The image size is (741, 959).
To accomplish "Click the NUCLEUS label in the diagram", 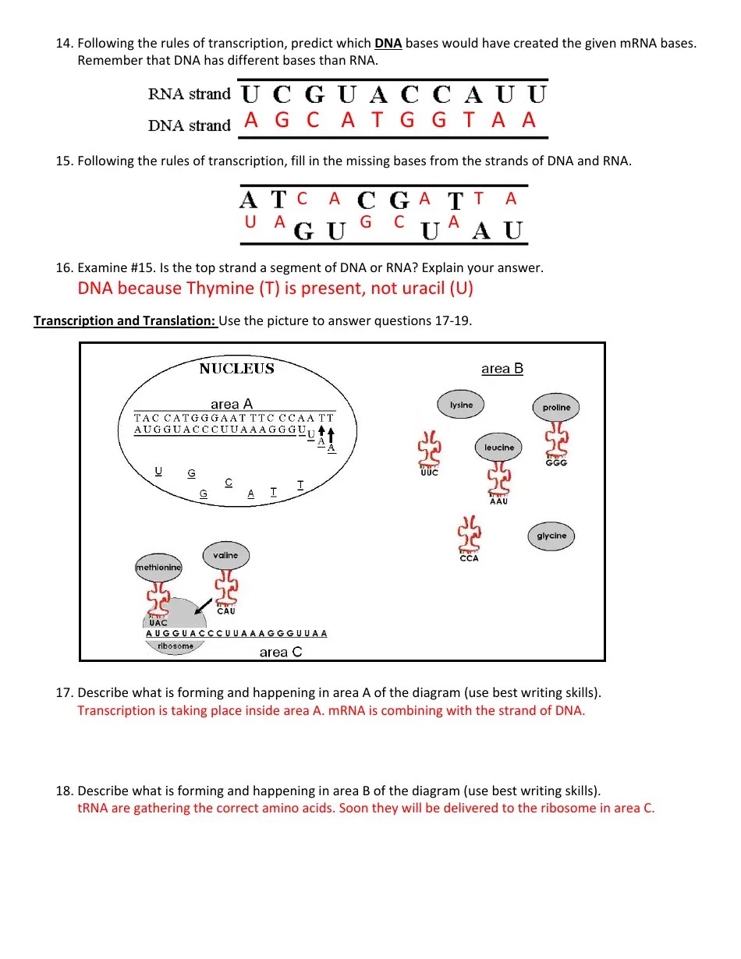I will (x=236, y=369).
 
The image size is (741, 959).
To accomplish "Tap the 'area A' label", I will (x=232, y=404).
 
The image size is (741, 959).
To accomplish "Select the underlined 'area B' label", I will (x=502, y=369).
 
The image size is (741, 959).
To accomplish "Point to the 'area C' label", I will (x=281, y=653).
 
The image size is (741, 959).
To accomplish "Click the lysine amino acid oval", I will (x=461, y=405).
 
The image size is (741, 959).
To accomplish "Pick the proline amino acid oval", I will (x=556, y=407).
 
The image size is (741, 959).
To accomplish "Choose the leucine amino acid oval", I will (x=499, y=448).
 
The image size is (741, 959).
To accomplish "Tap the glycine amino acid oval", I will (x=551, y=536).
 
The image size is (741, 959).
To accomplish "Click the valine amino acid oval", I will (x=225, y=555).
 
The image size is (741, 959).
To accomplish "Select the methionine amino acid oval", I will (x=158, y=568).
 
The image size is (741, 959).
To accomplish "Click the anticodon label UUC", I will (x=428, y=473).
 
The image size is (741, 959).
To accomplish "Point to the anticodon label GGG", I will (x=556, y=463).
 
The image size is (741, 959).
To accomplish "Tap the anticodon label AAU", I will (x=498, y=501).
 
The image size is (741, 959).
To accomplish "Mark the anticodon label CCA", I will (x=469, y=558).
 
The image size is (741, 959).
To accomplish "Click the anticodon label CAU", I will (x=225, y=611).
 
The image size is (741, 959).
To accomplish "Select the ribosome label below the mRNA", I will (x=175, y=646).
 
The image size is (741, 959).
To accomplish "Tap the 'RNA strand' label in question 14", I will (x=190, y=94).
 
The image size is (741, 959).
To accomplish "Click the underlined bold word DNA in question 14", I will (x=388, y=44).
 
